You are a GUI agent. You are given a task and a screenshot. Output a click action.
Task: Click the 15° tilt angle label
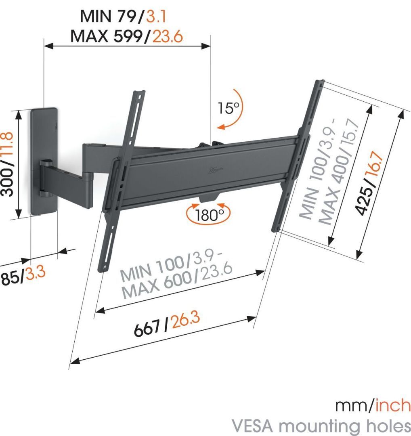[x=229, y=108]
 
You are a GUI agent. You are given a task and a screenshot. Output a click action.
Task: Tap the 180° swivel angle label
[x=208, y=214]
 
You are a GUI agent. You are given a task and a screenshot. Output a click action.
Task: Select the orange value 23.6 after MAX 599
[x=167, y=36]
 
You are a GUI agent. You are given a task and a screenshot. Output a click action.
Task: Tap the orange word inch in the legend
[x=393, y=405]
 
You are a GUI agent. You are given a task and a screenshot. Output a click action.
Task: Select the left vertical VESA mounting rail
[x=121, y=178]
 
